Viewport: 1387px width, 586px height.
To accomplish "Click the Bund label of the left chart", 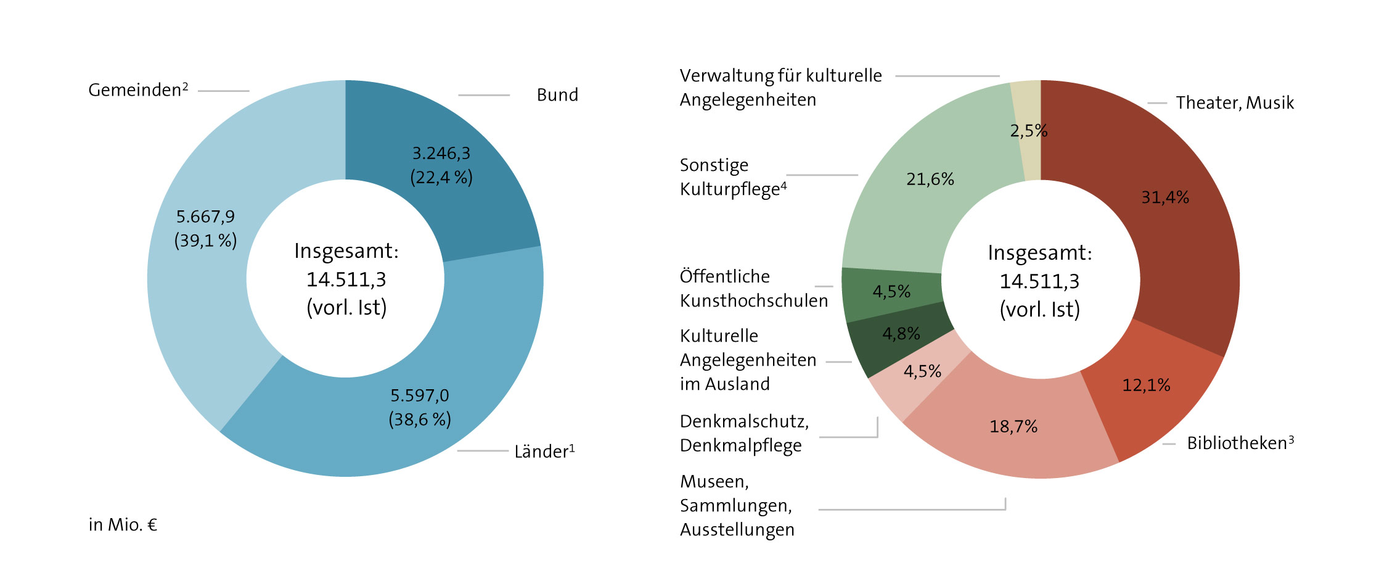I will (x=557, y=95).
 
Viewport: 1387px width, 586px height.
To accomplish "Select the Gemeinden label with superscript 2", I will (x=137, y=90).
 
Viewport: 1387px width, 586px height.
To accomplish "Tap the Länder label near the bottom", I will (x=544, y=452).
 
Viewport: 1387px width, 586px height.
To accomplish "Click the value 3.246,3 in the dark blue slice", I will (x=441, y=153).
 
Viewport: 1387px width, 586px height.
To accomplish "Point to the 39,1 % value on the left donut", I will (x=205, y=241).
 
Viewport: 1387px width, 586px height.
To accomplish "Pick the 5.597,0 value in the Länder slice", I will (x=419, y=395).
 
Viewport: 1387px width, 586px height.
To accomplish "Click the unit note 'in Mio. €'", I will (x=123, y=525).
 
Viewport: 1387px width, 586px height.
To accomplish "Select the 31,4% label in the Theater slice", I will (x=1164, y=197).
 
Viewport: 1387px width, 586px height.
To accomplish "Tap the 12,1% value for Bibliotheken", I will (x=1145, y=386).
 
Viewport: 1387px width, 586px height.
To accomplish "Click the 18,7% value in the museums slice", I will (x=1013, y=426).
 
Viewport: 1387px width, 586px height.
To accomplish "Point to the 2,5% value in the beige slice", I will (x=1028, y=131).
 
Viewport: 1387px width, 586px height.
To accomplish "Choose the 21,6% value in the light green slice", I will (x=930, y=180).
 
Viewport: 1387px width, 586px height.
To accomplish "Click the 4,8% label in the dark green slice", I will (x=901, y=334).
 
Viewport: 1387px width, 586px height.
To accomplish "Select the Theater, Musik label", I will (x=1234, y=103).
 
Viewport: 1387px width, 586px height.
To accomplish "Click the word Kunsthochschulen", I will (x=753, y=301).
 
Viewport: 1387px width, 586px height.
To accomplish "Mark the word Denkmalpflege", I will (x=740, y=445).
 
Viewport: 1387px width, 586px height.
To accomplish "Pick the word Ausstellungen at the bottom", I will (x=737, y=530).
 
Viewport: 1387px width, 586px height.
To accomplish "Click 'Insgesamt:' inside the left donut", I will (x=346, y=251).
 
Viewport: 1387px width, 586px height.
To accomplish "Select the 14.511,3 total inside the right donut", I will (x=1039, y=281).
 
